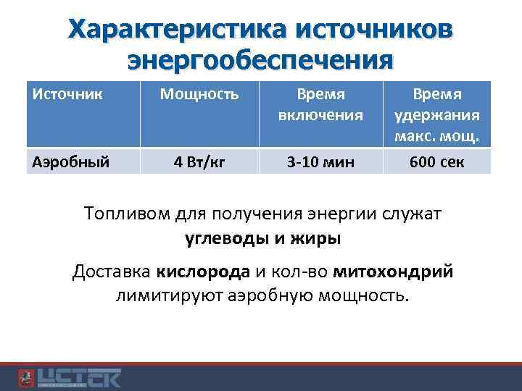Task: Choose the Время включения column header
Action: (320, 104)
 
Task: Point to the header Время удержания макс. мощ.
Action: (437, 114)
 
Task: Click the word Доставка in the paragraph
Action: (110, 272)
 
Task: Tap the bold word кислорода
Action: (202, 272)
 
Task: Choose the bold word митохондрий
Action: (394, 272)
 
